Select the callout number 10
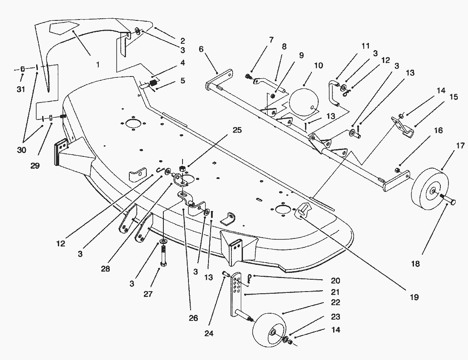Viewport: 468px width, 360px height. coord(319,65)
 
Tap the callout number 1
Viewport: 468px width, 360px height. coord(97,65)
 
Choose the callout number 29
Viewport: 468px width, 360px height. coord(35,165)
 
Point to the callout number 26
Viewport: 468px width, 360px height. coord(193,317)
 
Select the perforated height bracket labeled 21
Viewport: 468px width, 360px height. coord(237,293)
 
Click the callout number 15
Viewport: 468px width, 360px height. coord(454,97)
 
